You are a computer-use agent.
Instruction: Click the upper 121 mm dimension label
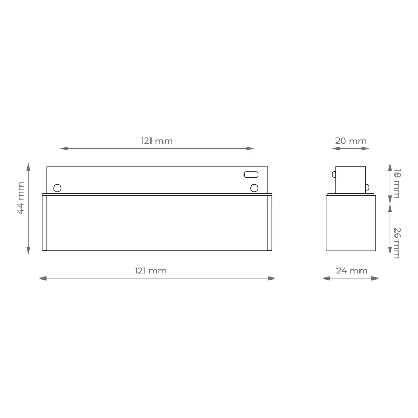[157, 141]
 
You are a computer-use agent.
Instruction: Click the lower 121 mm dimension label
[150, 271]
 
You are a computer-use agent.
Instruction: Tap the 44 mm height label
[20, 198]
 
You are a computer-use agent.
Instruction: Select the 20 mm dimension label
[351, 141]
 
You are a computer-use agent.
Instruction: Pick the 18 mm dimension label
[397, 183]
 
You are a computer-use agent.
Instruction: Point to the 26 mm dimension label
[397, 243]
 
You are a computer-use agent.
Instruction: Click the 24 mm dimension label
[352, 271]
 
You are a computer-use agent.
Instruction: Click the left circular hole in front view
[57, 188]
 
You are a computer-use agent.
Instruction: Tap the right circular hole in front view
[254, 188]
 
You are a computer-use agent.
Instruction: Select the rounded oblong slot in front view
[251, 175]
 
